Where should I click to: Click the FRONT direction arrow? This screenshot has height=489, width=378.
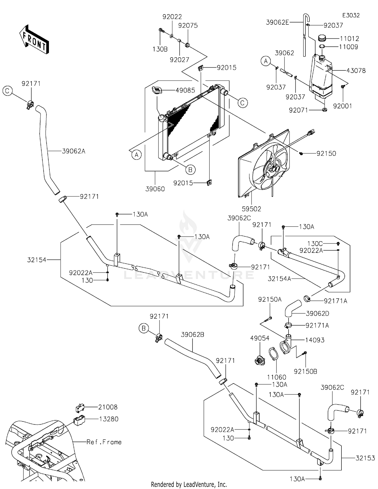pyautogui.click(x=34, y=39)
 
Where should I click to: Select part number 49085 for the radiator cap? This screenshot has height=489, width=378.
pyautogui.click(x=185, y=90)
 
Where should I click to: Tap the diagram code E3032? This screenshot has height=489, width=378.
pyautogui.click(x=351, y=15)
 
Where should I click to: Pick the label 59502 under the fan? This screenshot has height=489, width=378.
pyautogui.click(x=251, y=209)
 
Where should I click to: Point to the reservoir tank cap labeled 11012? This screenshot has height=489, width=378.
pyautogui.click(x=322, y=39)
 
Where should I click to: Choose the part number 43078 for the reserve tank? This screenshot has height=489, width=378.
pyautogui.click(x=356, y=71)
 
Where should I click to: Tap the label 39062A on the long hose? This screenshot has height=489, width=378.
pyautogui.click(x=74, y=151)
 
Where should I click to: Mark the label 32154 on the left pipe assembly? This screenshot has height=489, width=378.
pyautogui.click(x=37, y=260)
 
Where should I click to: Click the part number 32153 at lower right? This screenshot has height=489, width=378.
pyautogui.click(x=365, y=458)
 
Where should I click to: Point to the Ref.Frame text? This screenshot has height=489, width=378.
pyautogui.click(x=104, y=442)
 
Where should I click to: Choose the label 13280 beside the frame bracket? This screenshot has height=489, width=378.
pyautogui.click(x=109, y=419)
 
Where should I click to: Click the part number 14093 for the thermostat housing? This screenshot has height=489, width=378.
pyautogui.click(x=315, y=340)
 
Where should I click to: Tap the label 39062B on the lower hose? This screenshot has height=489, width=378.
pyautogui.click(x=193, y=335)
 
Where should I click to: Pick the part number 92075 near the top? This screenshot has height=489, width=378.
pyautogui.click(x=188, y=25)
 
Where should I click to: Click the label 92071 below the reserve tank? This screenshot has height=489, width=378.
pyautogui.click(x=299, y=110)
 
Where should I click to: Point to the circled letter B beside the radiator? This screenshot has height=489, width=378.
pyautogui.click(x=190, y=170)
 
